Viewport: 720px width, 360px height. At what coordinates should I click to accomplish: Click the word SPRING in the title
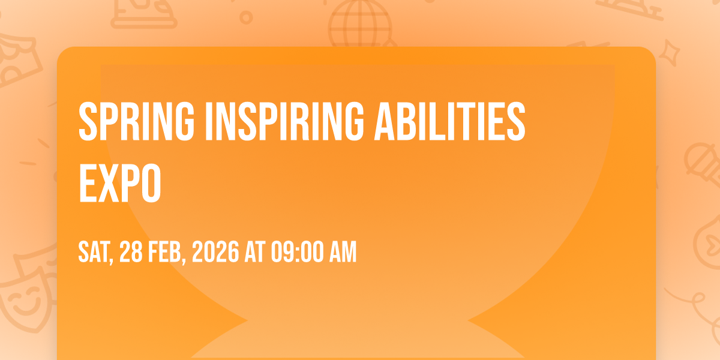pyautogui.click(x=137, y=121)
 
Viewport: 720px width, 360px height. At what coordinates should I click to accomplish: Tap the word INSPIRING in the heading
pyautogui.click(x=284, y=121)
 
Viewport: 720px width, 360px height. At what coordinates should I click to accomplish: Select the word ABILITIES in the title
pyautogui.click(x=449, y=121)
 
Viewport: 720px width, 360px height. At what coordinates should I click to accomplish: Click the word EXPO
pyautogui.click(x=120, y=183)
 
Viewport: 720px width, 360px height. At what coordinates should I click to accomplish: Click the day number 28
pyautogui.click(x=131, y=252)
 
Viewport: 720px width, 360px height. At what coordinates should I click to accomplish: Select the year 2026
pyautogui.click(x=215, y=252)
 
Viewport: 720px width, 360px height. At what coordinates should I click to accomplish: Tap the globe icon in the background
pyautogui.click(x=360, y=24)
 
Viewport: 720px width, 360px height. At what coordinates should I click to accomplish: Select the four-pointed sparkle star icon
pyautogui.click(x=670, y=52)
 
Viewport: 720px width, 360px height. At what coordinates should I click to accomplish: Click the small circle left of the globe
pyautogui.click(x=246, y=17)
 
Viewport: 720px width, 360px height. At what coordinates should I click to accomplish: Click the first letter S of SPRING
pyautogui.click(x=88, y=121)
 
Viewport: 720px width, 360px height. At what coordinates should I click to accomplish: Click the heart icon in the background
pyautogui.click(x=713, y=244)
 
